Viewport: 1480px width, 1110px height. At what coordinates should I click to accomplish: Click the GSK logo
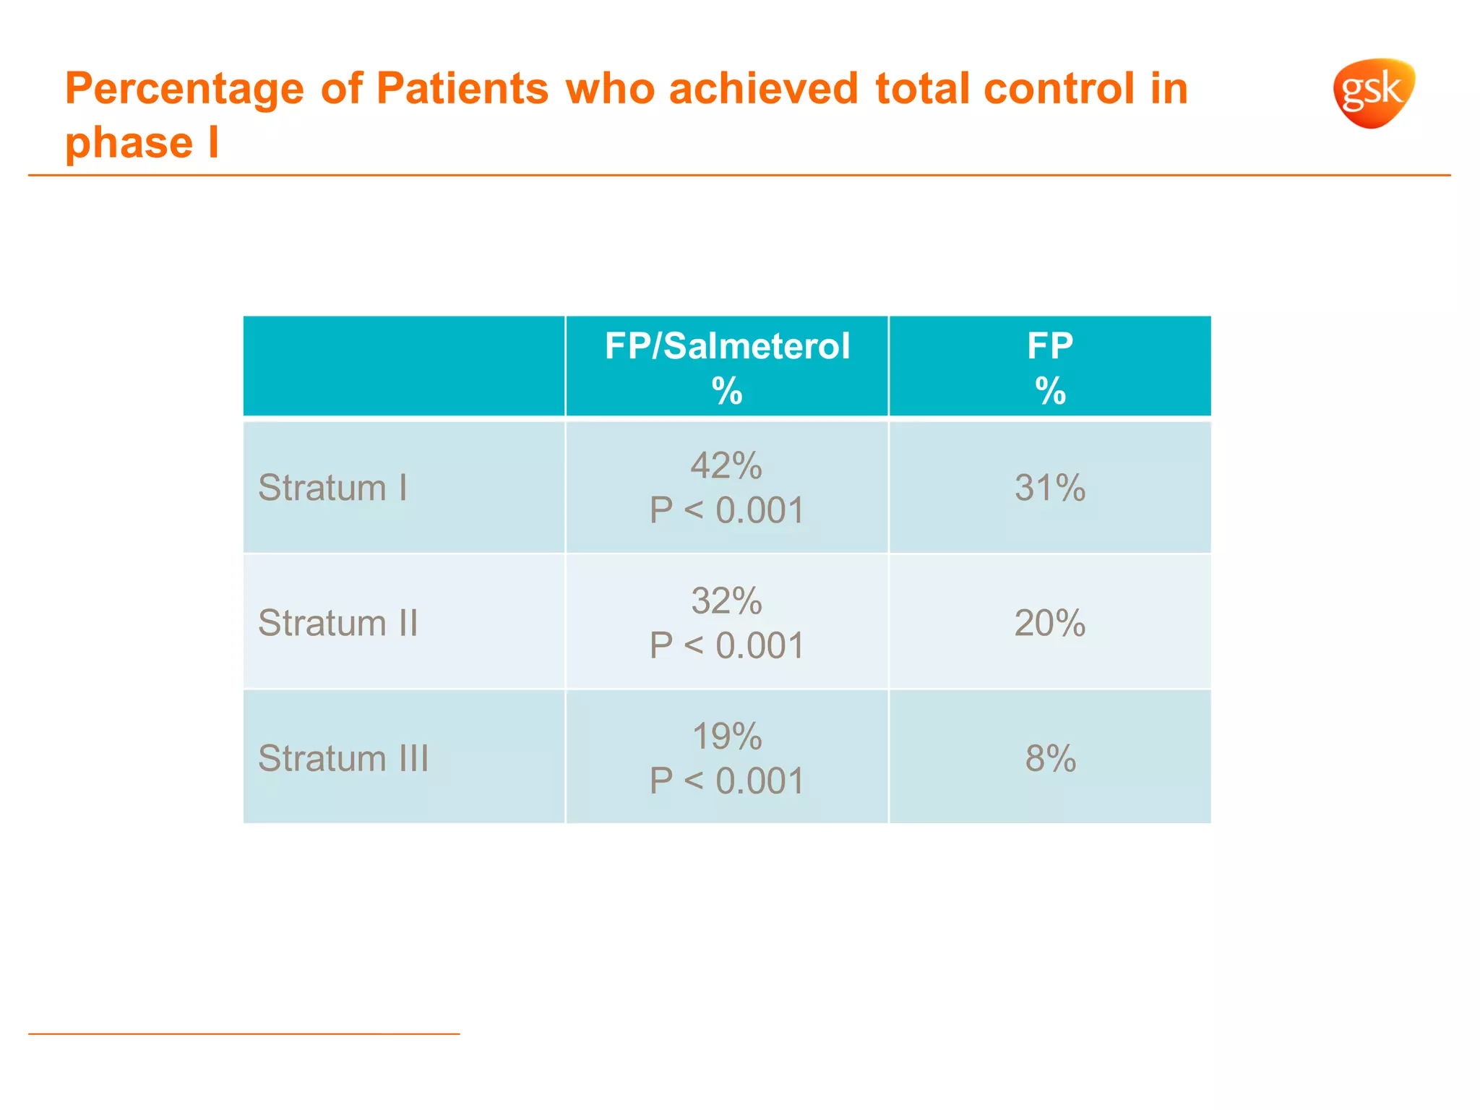tap(1373, 92)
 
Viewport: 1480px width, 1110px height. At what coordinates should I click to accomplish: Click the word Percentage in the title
tap(184, 89)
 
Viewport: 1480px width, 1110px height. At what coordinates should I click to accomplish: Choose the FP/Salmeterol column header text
tap(727, 346)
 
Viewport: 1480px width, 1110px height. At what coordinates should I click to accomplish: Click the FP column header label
tap(1050, 346)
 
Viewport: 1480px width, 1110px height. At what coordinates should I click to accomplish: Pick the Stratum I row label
tap(332, 488)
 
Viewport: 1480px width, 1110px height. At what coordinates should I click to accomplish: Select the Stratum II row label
tap(338, 623)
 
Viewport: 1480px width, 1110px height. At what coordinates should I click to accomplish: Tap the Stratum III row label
tap(343, 758)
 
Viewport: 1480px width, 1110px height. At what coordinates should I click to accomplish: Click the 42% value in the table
tap(726, 465)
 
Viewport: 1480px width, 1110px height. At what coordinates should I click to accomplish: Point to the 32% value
tap(726, 601)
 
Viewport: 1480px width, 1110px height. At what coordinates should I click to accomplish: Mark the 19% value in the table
tap(726, 736)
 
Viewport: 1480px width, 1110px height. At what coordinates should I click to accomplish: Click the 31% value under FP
tap(1050, 488)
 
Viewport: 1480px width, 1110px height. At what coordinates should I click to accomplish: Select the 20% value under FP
tap(1050, 623)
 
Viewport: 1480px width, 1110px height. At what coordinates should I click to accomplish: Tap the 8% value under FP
tap(1051, 758)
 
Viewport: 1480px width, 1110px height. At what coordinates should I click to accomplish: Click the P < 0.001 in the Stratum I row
tap(727, 510)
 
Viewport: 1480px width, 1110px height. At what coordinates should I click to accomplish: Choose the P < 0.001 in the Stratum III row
tap(727, 781)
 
